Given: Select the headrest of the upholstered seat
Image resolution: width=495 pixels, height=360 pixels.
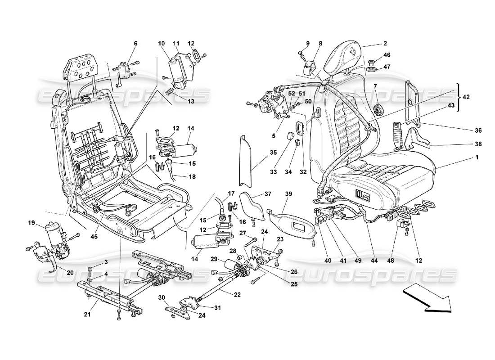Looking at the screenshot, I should pyautogui.click(x=347, y=58).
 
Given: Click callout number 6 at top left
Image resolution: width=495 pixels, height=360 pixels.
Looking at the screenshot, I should pyautogui.click(x=135, y=43).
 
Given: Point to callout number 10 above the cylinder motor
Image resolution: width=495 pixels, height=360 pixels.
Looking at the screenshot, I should pyautogui.click(x=161, y=43).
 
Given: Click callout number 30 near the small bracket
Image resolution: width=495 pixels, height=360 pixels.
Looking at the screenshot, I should pyautogui.click(x=162, y=297).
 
